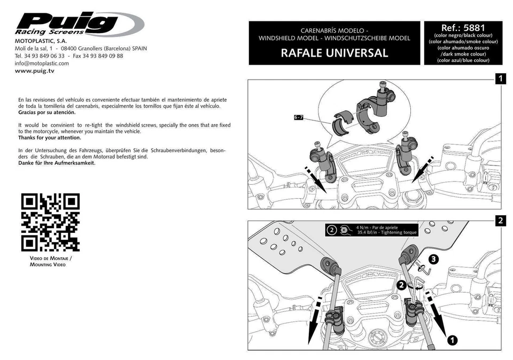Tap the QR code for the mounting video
tap(50, 222)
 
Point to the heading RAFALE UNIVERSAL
tap(334, 53)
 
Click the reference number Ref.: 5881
tap(463, 28)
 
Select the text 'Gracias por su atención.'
tap(47, 113)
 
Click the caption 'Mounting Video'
tap(48, 264)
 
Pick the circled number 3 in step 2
tap(434, 259)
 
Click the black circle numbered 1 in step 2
tap(452, 339)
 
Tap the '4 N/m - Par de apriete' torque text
tap(377, 228)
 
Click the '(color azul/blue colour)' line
tap(463, 60)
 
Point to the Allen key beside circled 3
tap(423, 272)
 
